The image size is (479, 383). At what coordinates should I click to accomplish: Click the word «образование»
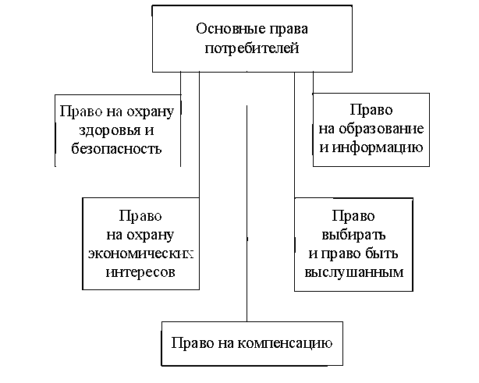(x=381, y=129)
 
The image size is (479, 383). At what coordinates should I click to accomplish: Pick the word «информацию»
(x=379, y=146)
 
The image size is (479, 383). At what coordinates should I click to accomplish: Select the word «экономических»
(x=138, y=254)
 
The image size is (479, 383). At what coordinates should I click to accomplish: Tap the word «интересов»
(x=138, y=271)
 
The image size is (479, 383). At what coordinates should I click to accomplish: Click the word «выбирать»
(x=353, y=234)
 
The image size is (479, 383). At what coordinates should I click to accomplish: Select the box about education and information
(x=371, y=129)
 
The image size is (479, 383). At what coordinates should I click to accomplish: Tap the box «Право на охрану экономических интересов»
(x=138, y=243)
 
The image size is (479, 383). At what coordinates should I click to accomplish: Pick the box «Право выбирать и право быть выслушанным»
(x=353, y=243)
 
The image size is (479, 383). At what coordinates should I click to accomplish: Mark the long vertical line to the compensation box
(x=247, y=211)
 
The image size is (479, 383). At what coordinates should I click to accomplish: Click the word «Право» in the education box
(x=371, y=111)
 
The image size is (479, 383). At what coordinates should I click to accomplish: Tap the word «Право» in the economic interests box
(x=138, y=217)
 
